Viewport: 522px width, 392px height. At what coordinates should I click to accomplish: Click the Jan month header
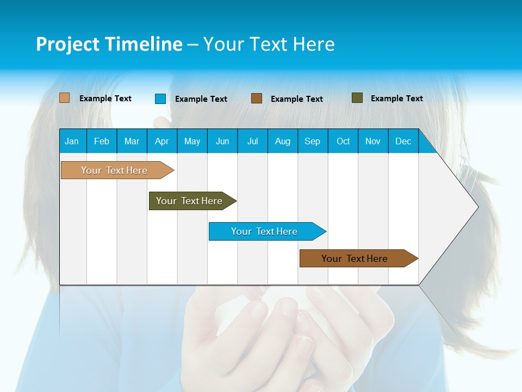click(72, 141)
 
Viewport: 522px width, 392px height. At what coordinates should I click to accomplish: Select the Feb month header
click(102, 141)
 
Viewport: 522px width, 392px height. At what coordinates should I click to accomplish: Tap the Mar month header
click(132, 141)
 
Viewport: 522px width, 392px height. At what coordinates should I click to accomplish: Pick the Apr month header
click(162, 141)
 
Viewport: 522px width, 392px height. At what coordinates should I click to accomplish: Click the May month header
click(192, 141)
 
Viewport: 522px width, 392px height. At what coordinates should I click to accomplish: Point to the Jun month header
click(222, 141)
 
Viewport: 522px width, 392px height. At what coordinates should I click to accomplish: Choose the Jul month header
click(252, 141)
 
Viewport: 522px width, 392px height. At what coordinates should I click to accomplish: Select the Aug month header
click(283, 141)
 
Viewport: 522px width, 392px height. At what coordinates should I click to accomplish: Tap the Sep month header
click(313, 141)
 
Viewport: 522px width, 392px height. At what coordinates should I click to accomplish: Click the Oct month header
click(343, 141)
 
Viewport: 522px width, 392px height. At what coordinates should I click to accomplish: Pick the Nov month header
click(373, 141)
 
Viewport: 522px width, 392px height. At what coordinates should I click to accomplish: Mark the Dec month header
click(403, 141)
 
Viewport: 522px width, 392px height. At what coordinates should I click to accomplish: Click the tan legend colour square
click(64, 98)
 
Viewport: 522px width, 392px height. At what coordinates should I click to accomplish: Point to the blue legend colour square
click(160, 99)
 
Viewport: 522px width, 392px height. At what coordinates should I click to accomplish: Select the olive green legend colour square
click(357, 98)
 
